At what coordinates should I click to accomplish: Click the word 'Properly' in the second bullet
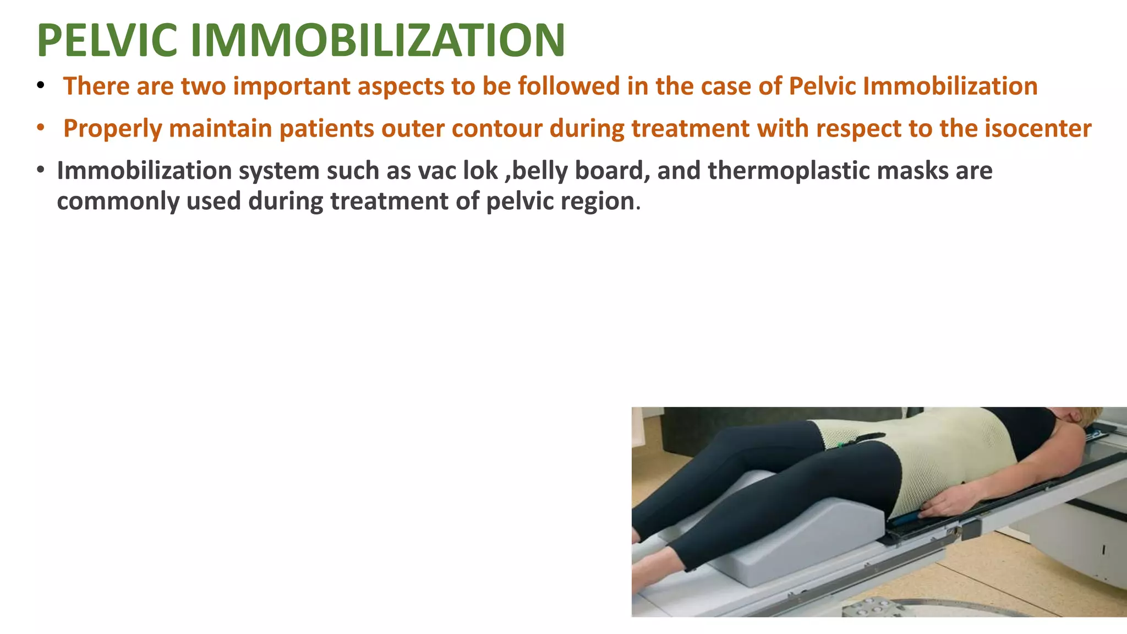pos(112,129)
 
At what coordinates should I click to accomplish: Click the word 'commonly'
pos(118,201)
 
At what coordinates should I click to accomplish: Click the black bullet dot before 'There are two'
pos(40,86)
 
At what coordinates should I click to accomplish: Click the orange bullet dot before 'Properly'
pos(40,128)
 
